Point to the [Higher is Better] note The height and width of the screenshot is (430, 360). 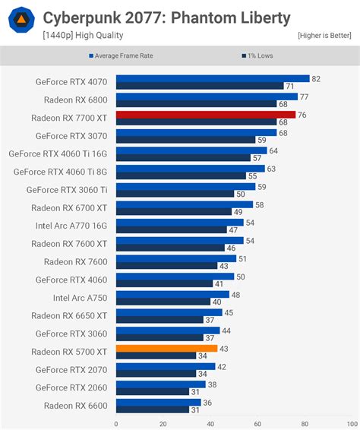tap(324, 36)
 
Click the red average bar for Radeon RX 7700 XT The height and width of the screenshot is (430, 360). tap(206, 115)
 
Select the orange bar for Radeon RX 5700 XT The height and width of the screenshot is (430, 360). tap(166, 348)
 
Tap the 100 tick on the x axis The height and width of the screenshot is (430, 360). tap(352, 424)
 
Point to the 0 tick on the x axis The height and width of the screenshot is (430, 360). tap(116, 424)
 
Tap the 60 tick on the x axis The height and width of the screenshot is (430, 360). tap(257, 424)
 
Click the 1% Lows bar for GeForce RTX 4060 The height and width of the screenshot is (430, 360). tap(164, 283)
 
